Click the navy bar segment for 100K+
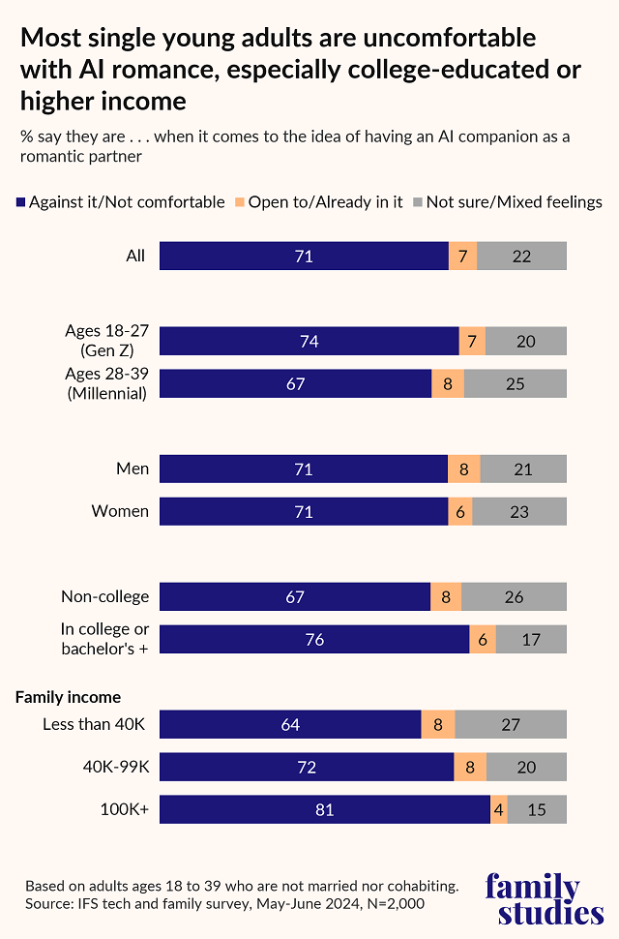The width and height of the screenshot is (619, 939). tap(325, 809)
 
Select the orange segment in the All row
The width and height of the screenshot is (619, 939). tap(462, 256)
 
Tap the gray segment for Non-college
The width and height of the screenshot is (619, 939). tap(514, 597)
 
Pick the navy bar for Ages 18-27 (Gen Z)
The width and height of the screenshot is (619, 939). tap(309, 341)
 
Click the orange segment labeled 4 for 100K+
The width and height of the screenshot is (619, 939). tap(499, 809)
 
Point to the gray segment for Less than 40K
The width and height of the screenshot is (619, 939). tap(511, 724)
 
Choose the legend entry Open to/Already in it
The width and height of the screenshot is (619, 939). tap(318, 202)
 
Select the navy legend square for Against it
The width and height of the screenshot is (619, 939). tap(20, 202)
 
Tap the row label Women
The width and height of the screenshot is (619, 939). tap(120, 511)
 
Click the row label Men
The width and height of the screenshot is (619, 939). tap(133, 469)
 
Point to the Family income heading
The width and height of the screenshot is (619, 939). tap(68, 696)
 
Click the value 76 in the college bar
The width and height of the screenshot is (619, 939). tap(314, 640)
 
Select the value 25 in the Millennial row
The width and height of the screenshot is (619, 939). tap(516, 383)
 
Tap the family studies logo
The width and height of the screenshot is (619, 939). tap(545, 899)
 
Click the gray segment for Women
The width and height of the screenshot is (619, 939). tap(519, 511)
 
